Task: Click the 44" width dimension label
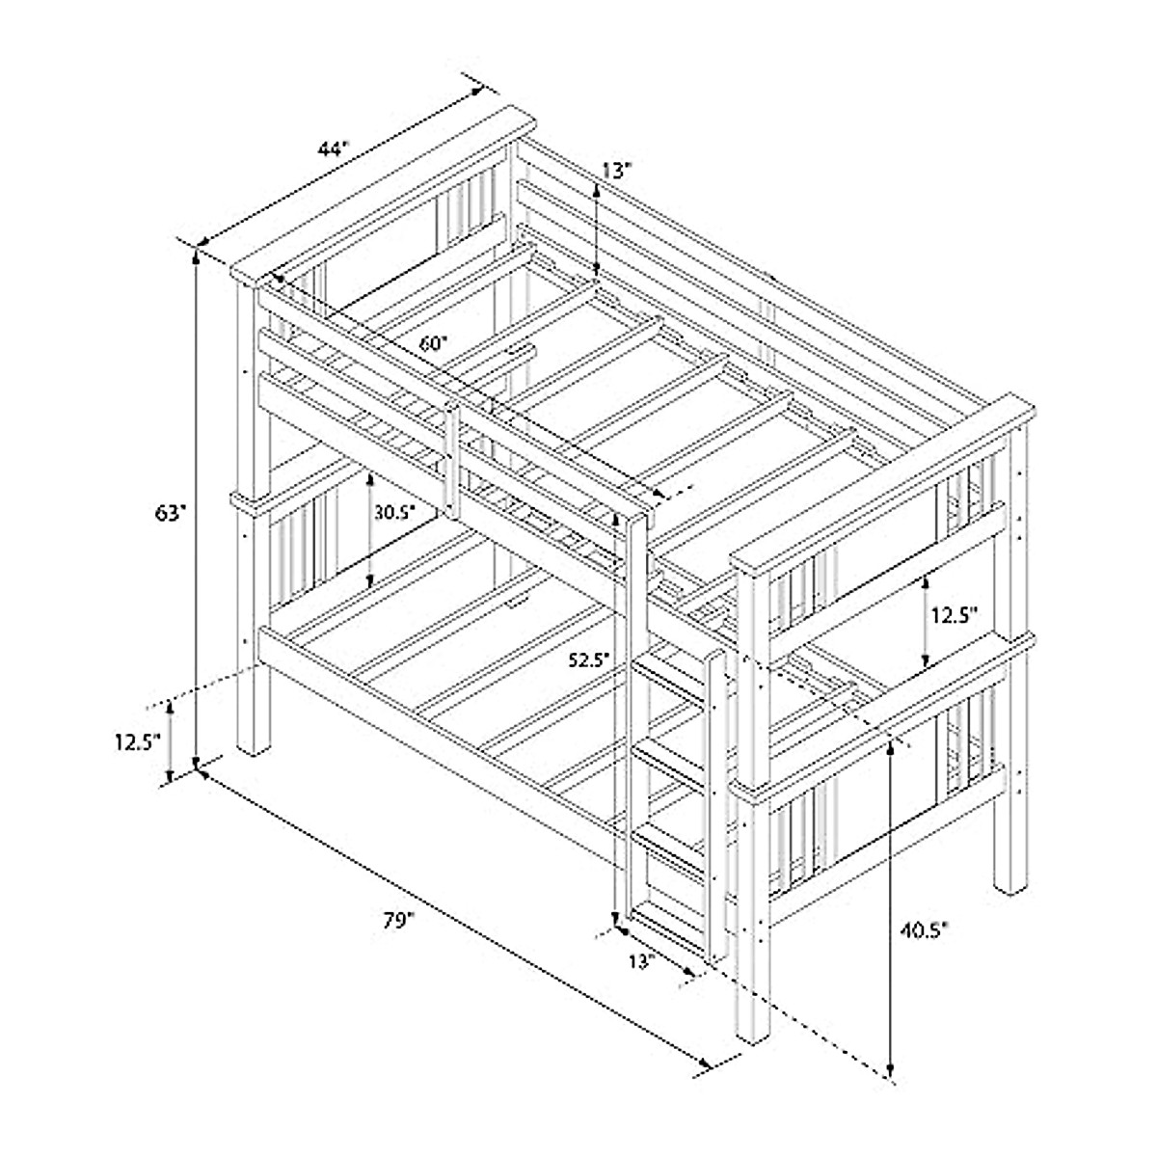332,149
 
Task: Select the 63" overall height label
169,514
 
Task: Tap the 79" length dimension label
397,921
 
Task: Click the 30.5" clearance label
394,513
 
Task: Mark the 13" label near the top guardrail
617,171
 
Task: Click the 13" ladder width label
641,960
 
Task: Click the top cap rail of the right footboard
882,482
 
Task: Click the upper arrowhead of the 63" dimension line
197,256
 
